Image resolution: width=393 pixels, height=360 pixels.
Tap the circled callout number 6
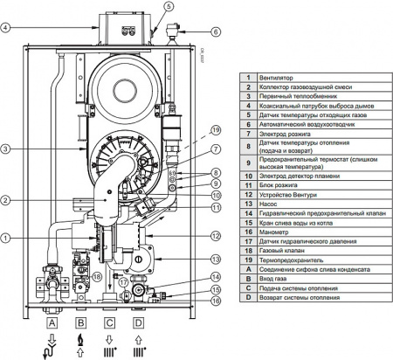(x=214, y=32)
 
